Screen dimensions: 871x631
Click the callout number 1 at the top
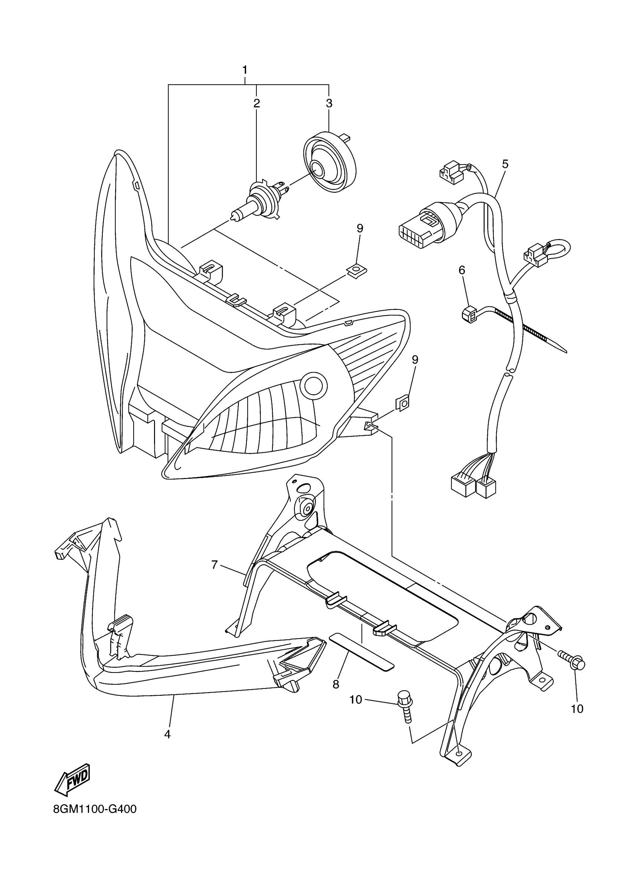click(245, 70)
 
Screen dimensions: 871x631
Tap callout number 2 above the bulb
click(256, 103)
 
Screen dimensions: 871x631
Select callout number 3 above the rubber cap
click(329, 103)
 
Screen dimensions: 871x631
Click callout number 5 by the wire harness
click(505, 164)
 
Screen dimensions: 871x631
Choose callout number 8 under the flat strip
click(336, 684)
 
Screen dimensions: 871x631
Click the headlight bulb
click(257, 202)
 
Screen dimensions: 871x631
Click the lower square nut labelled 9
click(402, 404)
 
